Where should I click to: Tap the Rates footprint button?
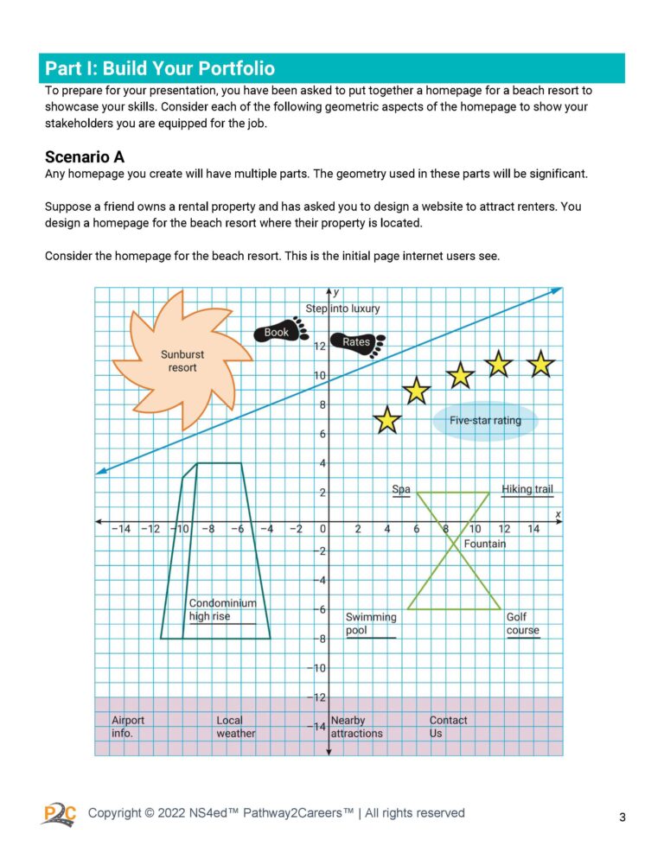point(358,343)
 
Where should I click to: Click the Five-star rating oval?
point(485,422)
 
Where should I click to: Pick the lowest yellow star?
point(387,420)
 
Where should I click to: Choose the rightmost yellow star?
point(541,364)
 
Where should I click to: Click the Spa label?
point(401,489)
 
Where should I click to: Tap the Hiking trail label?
point(527,489)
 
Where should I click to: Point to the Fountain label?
point(484,544)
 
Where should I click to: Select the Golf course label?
point(522,624)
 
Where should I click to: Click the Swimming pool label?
point(370,624)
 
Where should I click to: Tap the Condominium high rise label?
point(222,610)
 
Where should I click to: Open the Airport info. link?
point(128,727)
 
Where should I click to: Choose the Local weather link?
point(235,727)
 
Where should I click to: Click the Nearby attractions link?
point(356,727)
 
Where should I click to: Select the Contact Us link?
point(448,727)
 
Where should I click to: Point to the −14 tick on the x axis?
point(120,529)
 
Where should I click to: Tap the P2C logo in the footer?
point(59,813)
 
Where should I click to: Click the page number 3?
point(622,817)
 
